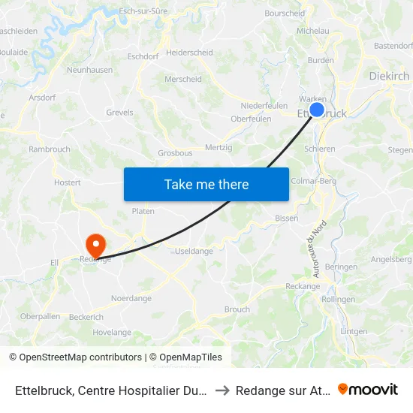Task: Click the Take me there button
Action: [x=206, y=184]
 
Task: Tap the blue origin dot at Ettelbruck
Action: [x=317, y=110]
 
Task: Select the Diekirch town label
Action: [x=390, y=76]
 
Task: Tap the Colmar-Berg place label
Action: [x=314, y=180]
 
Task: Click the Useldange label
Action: [x=194, y=251]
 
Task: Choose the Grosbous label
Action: [x=174, y=152]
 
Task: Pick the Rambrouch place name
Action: [x=50, y=149]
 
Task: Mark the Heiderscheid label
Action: [x=189, y=53]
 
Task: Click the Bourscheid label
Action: [x=285, y=13]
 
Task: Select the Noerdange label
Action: [x=131, y=298]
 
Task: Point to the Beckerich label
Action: [x=86, y=318]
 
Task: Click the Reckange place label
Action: [x=303, y=286]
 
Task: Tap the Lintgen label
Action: [x=354, y=331]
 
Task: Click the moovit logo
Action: [x=368, y=389]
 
